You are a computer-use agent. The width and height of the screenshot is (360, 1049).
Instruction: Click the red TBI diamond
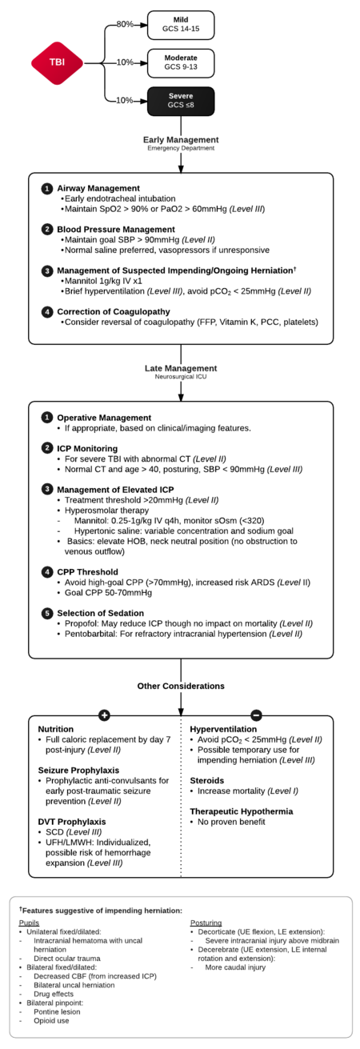point(57,62)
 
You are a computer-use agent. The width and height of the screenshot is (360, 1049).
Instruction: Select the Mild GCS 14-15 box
point(181,25)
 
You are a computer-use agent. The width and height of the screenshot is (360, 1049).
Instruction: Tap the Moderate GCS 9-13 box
point(181,62)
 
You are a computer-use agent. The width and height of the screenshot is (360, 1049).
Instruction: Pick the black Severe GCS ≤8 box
point(181,100)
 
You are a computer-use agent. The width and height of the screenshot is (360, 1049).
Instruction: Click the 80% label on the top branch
point(125,24)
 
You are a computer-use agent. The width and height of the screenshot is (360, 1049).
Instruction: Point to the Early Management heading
point(181,139)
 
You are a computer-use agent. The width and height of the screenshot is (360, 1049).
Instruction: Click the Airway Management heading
point(100,188)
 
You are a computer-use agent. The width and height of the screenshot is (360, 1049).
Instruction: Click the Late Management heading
point(181,368)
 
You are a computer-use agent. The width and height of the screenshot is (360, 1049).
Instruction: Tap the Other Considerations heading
point(181,686)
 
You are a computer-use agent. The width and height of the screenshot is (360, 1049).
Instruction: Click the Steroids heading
point(206,779)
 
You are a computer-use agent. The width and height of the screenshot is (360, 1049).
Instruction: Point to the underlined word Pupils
point(28,923)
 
